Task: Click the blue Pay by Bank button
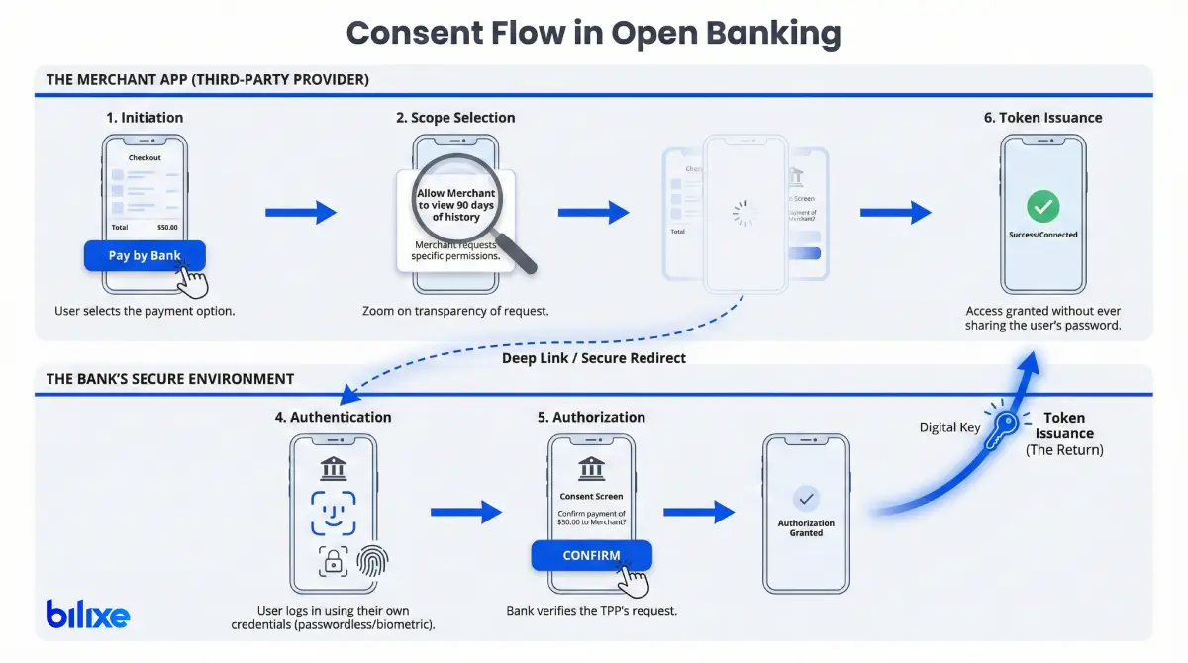pos(145,255)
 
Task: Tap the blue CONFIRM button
pos(591,555)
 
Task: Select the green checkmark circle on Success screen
pos(1042,206)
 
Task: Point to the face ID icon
pos(333,513)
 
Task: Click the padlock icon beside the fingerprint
pos(333,561)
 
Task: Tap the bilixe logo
pos(87,615)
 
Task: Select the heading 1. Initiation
pos(145,117)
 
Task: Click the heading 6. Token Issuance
pos(1042,117)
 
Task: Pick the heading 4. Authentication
pos(333,417)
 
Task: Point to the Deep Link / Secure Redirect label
pos(593,356)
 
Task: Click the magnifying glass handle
pos(518,255)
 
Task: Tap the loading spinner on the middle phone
pos(743,213)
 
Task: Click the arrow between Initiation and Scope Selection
pos(301,212)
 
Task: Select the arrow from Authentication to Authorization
pos(466,512)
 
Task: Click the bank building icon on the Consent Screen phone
pos(591,468)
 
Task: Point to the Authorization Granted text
pos(806,528)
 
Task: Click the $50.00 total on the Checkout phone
pos(167,227)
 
